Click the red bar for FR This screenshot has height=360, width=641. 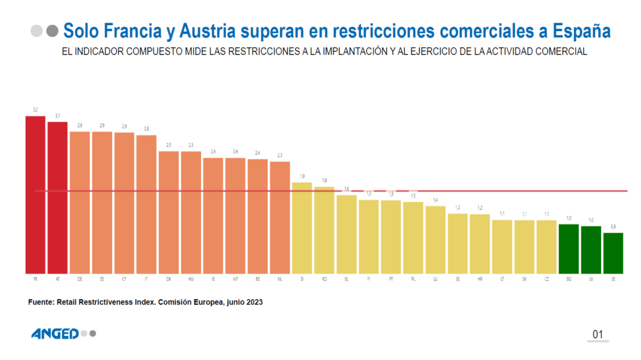tap(35, 195)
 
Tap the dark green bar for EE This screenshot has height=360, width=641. tap(613, 253)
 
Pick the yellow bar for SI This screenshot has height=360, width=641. tap(302, 228)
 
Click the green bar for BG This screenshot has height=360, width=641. tap(568, 249)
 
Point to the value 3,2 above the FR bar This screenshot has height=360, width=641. tap(35, 110)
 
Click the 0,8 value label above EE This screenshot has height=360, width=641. tap(613, 227)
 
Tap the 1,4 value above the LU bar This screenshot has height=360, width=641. tap(435, 200)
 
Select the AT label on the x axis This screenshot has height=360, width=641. tap(58, 279)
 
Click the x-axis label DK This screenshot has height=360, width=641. tap(168, 279)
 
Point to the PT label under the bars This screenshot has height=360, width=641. tap(391, 279)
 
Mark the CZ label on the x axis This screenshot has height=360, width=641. tap(546, 279)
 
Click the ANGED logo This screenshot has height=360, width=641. tap(55, 334)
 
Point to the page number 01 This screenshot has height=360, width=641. tap(597, 334)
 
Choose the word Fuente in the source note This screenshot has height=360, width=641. tap(41, 302)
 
